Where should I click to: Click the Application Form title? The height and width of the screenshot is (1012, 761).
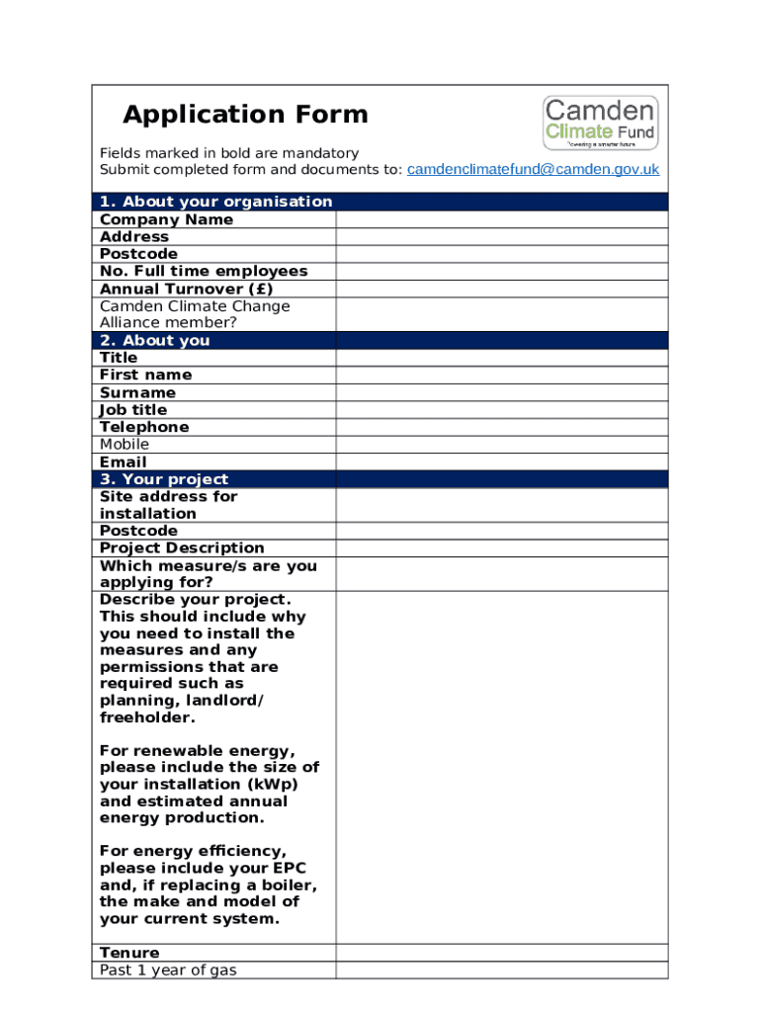point(245,116)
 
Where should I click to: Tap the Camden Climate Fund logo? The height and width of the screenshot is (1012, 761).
point(600,123)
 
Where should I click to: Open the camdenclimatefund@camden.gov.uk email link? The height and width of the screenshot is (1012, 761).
point(533,170)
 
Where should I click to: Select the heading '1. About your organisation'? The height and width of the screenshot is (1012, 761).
point(215,202)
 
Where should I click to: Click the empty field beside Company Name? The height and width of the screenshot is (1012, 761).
point(501,219)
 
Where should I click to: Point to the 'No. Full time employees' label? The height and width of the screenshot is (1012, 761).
point(204,271)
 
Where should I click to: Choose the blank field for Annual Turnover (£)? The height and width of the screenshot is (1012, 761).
point(501,289)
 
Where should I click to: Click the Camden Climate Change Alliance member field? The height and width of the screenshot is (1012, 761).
point(501,314)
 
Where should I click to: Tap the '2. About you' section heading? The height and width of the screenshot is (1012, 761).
point(154,340)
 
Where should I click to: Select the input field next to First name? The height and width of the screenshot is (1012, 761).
point(501,376)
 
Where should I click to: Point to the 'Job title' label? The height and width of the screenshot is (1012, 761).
point(133,410)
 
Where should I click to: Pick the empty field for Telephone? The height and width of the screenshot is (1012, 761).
point(501,427)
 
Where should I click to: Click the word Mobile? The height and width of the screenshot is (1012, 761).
point(125,445)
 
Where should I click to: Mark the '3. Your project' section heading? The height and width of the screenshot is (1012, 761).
point(163,479)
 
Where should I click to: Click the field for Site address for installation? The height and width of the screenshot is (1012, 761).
point(501,505)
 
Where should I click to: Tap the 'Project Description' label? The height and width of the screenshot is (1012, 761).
point(182,548)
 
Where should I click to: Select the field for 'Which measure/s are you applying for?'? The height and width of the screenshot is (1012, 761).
point(501,574)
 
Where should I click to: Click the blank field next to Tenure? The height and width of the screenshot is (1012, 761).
point(501,953)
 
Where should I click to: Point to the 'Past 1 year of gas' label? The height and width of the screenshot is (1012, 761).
point(168,970)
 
